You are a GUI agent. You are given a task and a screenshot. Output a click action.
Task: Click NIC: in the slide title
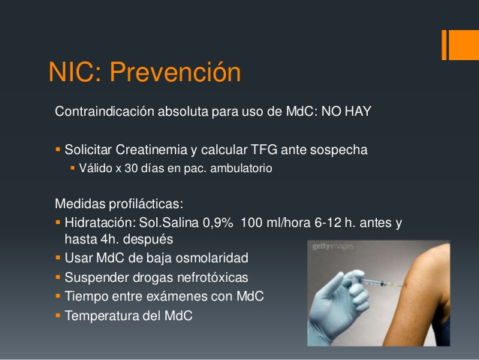(76, 73)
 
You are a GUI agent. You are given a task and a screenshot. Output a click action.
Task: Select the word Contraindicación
(104, 112)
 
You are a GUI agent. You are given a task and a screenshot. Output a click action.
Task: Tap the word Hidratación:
(99, 223)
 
